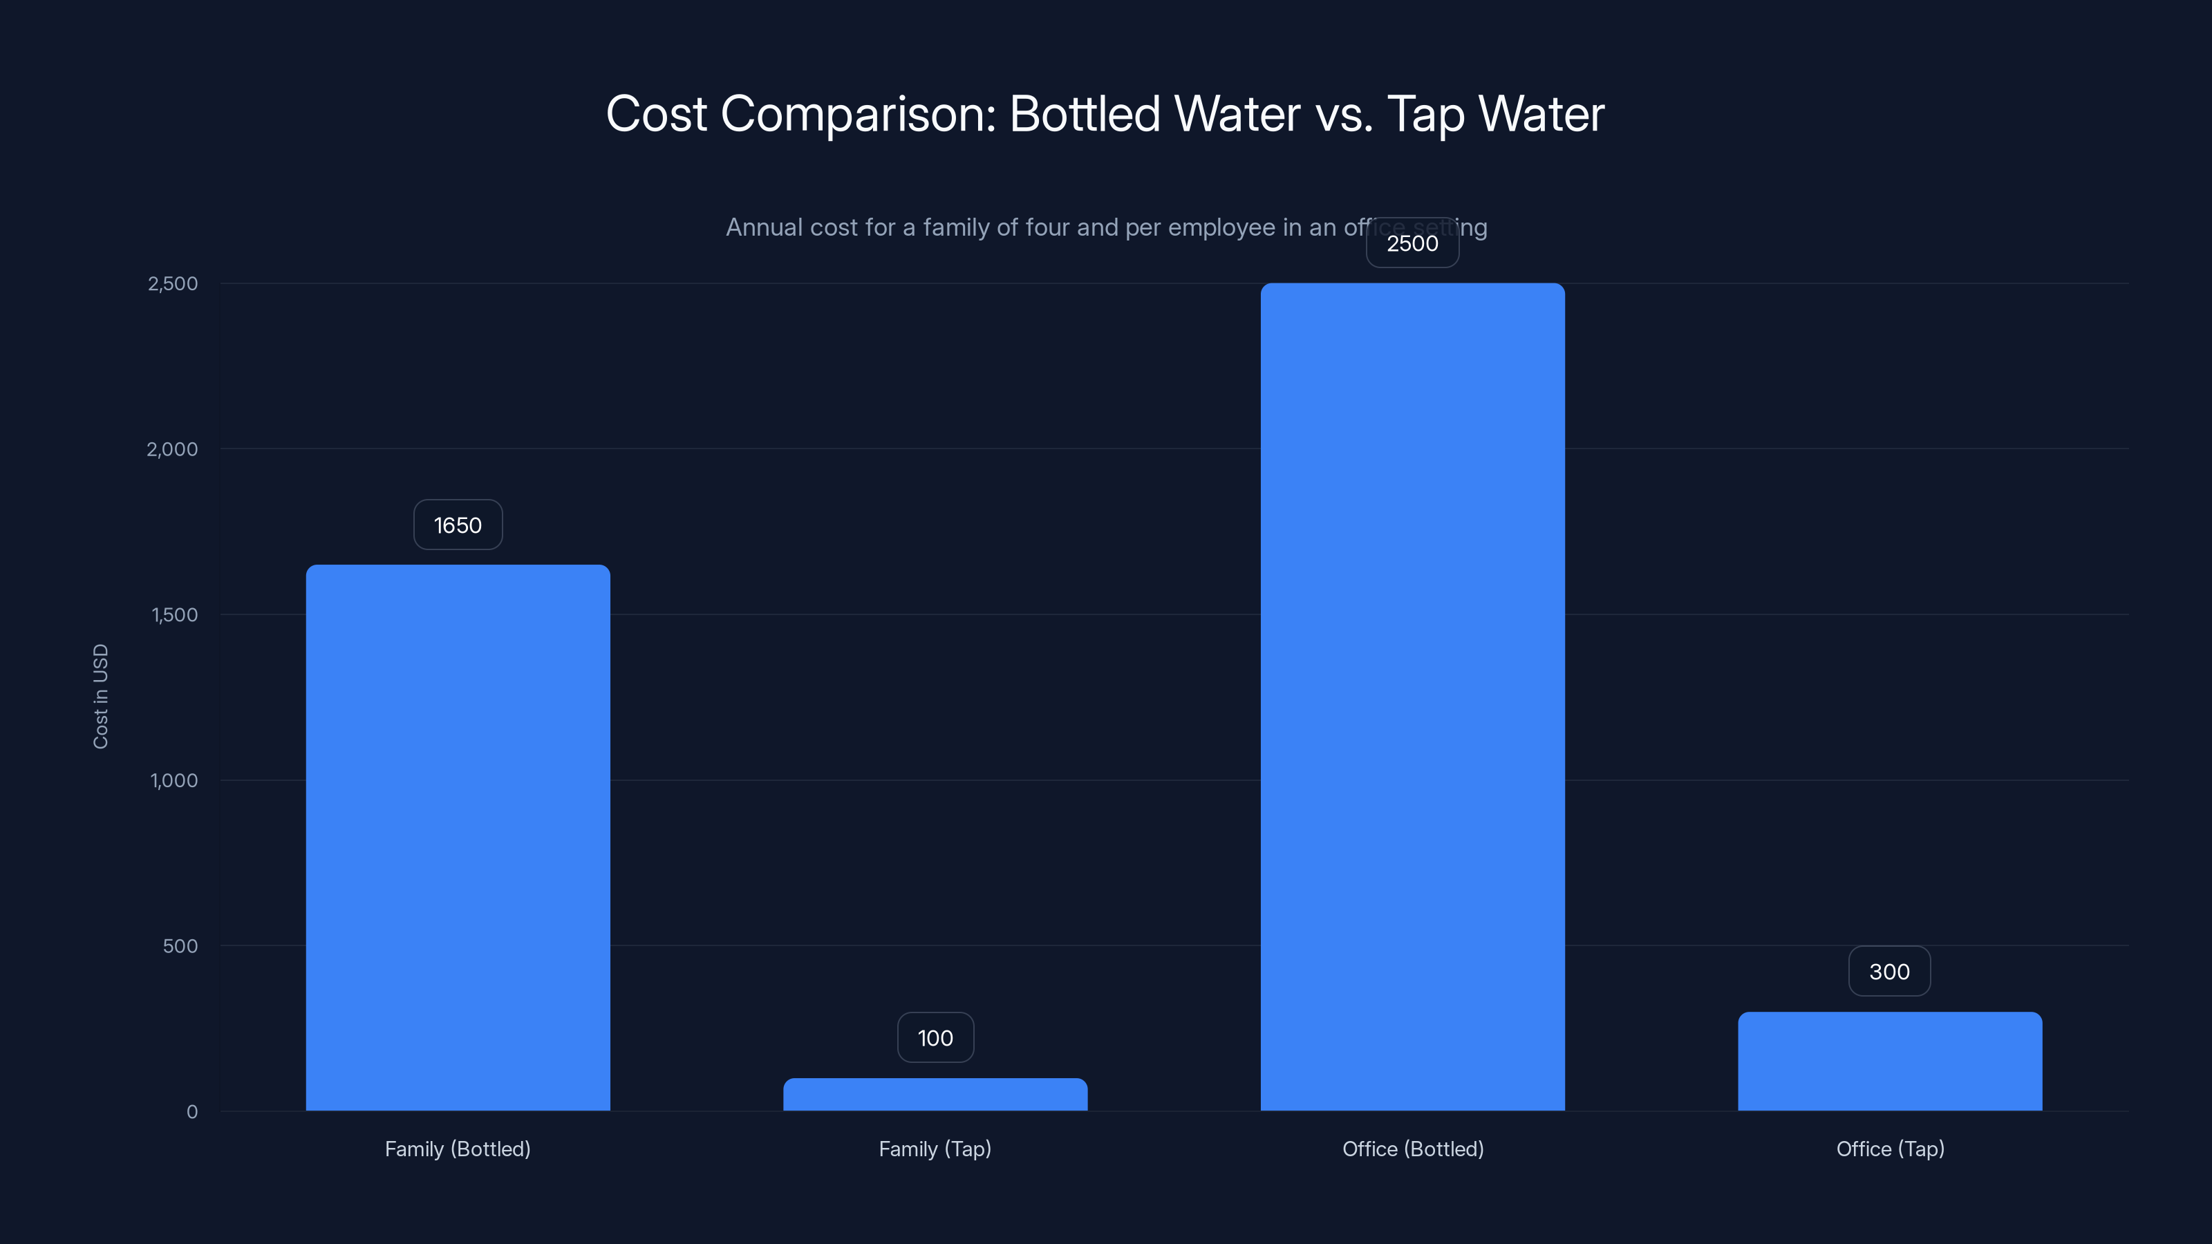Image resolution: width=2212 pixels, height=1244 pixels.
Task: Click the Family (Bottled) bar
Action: click(458, 837)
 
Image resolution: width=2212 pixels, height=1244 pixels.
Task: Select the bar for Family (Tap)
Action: click(935, 1095)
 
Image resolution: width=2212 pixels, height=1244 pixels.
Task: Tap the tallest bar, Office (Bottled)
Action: click(1412, 695)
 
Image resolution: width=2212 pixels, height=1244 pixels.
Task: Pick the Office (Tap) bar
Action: click(1890, 1061)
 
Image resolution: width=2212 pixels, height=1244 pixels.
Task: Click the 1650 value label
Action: click(458, 525)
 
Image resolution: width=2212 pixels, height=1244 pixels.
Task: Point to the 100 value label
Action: click(935, 1037)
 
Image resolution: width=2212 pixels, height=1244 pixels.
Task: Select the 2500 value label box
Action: click(1412, 243)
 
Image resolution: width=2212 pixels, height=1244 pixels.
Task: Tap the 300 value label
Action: click(1889, 971)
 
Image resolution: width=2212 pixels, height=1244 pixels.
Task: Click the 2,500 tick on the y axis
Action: click(173, 283)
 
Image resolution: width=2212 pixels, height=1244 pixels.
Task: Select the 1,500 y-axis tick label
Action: click(174, 614)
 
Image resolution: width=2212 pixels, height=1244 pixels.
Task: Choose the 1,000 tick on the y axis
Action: click(174, 780)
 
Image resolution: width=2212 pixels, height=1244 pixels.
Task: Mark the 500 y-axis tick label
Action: click(180, 946)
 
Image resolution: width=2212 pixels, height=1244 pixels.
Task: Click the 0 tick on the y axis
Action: click(192, 1112)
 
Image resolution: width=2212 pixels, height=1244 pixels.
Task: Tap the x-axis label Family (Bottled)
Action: click(458, 1149)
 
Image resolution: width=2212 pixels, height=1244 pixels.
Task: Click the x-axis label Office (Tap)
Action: click(1890, 1149)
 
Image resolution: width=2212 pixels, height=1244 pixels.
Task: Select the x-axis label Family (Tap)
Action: click(935, 1149)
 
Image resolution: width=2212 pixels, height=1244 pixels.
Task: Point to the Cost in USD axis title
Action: click(100, 696)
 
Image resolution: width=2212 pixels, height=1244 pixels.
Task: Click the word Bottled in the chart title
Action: click(1085, 113)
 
